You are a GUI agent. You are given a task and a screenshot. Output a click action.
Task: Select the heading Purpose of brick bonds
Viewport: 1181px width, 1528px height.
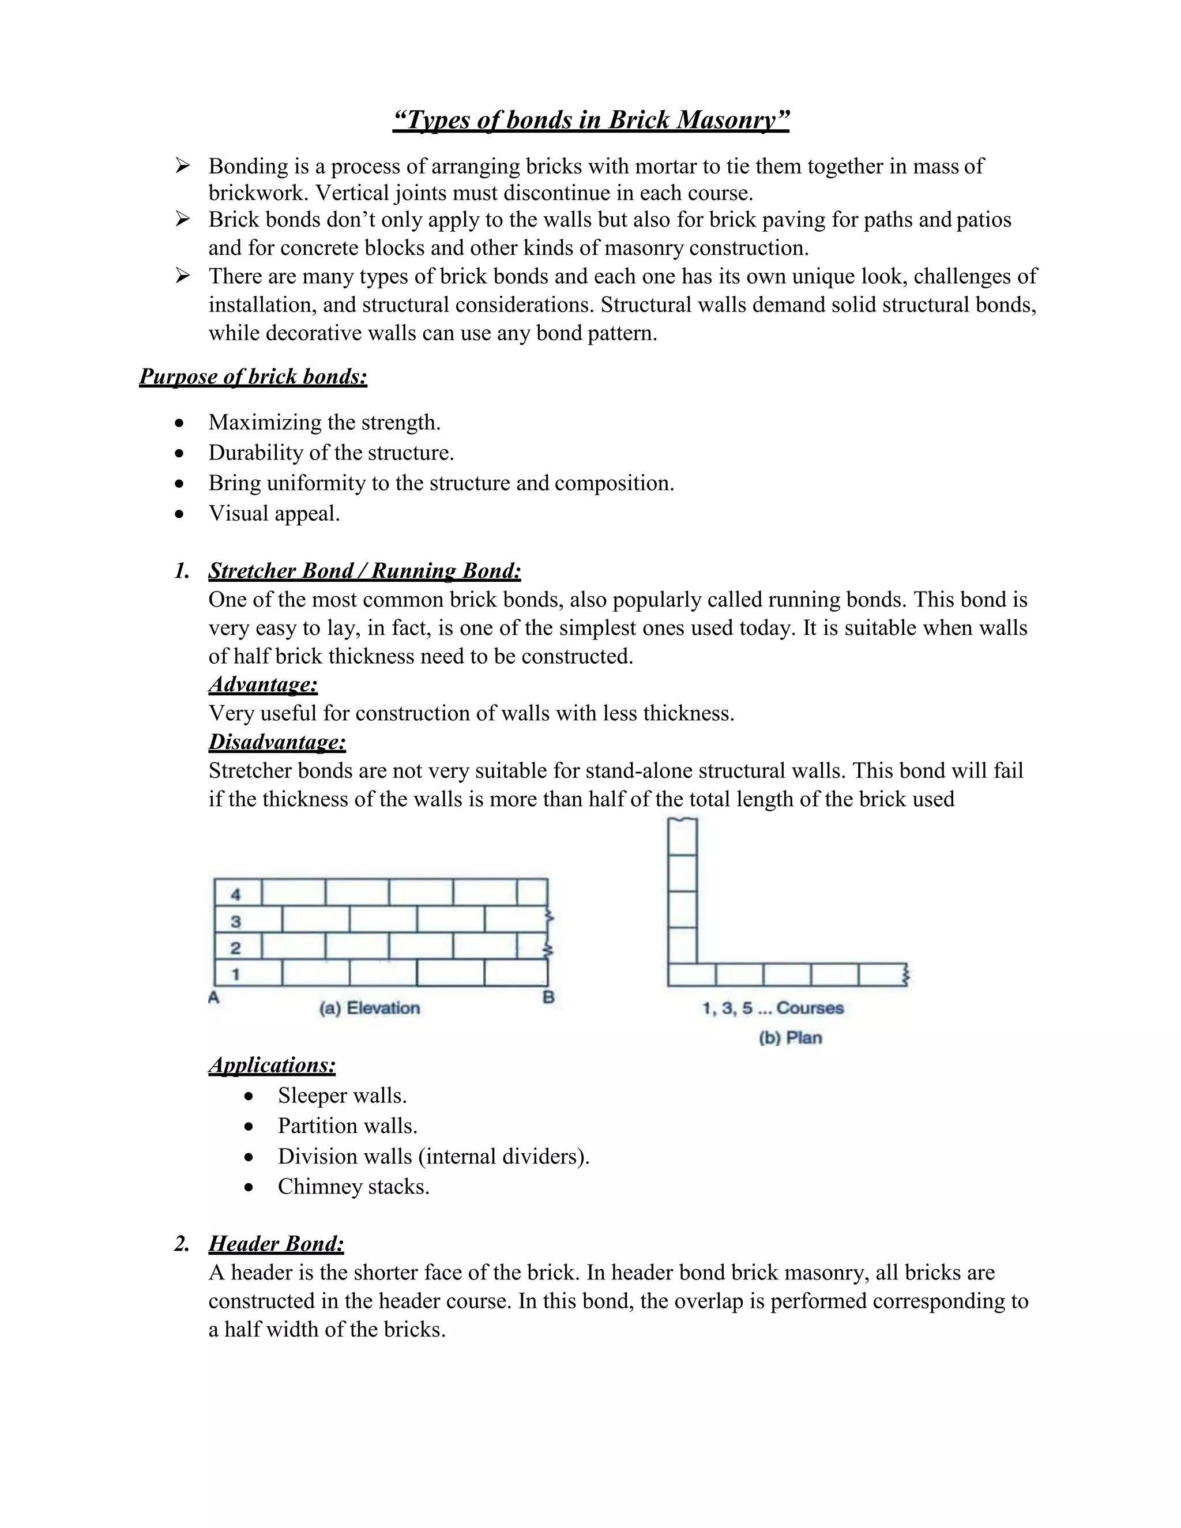[x=253, y=377]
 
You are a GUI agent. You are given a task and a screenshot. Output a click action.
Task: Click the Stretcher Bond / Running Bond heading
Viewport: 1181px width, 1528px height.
[x=364, y=571]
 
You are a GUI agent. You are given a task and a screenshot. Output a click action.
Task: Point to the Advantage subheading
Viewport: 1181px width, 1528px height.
[x=263, y=684]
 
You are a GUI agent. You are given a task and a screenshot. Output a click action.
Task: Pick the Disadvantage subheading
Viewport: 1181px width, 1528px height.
[x=277, y=742]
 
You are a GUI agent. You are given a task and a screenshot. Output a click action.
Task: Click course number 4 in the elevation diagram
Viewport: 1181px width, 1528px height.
[x=236, y=894]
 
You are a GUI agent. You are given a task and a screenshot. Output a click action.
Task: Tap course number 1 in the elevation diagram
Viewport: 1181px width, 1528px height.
[x=236, y=974]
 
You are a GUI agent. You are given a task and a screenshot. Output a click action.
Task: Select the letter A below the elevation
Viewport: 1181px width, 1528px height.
[x=214, y=998]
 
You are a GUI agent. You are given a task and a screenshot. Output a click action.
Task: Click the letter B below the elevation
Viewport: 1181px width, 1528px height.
[x=548, y=998]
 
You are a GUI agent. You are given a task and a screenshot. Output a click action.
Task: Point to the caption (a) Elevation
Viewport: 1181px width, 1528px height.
[x=370, y=1008]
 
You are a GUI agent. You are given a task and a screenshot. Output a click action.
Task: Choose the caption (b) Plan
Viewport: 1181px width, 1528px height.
[x=790, y=1037]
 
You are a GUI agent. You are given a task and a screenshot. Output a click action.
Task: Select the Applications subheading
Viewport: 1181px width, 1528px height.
[x=272, y=1065]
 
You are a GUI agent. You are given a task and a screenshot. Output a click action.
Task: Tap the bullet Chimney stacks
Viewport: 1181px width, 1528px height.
[x=353, y=1187]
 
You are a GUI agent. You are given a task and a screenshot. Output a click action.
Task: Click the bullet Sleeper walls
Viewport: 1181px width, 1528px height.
[x=342, y=1096]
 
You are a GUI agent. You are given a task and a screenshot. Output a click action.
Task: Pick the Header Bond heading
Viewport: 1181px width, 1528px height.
[x=276, y=1244]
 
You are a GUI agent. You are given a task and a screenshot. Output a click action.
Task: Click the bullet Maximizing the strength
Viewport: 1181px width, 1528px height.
[x=325, y=423]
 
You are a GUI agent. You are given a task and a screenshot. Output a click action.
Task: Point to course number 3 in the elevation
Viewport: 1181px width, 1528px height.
[x=236, y=921]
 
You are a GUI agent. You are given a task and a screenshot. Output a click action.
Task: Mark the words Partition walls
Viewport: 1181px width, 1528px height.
[x=347, y=1126]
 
